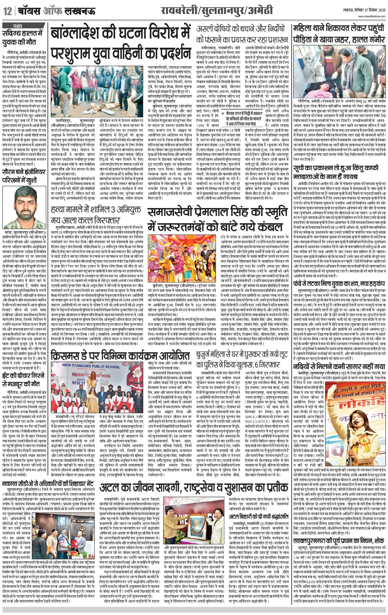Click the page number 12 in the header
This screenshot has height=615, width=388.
pyautogui.click(x=8, y=11)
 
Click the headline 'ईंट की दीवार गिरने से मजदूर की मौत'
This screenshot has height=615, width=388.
pyautogui.click(x=23, y=380)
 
